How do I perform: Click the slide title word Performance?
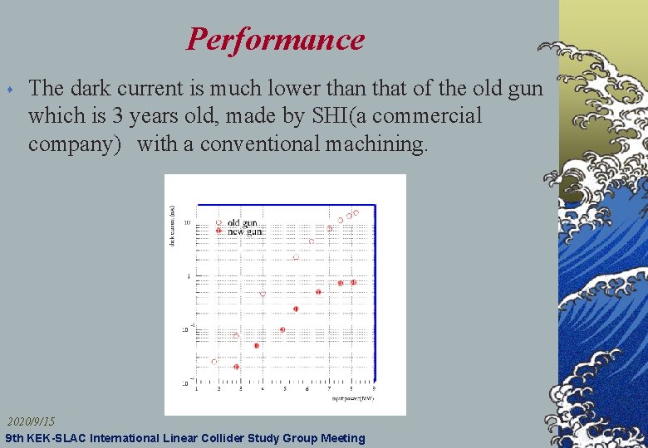[275, 39]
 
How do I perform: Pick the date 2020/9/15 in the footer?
[32, 422]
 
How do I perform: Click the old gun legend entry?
[242, 222]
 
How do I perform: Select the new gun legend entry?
[243, 231]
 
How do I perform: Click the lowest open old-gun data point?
[214, 362]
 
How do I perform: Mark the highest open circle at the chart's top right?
[356, 213]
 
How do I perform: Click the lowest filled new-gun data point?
[236, 367]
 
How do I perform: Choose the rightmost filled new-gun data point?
[353, 282]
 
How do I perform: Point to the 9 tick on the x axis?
[373, 388]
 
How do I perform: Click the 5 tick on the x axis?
[285, 388]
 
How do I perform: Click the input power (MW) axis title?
[353, 398]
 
